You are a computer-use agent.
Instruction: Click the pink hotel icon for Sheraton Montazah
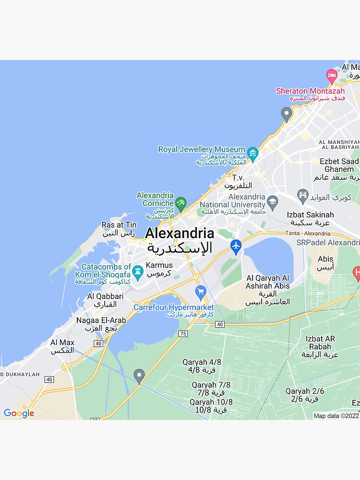click(x=332, y=76)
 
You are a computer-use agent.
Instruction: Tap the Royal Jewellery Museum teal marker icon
click(x=253, y=154)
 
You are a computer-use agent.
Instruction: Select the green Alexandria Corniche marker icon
click(x=180, y=204)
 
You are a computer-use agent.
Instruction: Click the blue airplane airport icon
click(x=236, y=247)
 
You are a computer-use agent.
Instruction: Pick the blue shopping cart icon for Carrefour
click(x=201, y=291)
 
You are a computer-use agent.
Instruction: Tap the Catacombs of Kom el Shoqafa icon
click(x=138, y=272)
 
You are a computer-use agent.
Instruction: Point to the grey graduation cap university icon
click(x=273, y=201)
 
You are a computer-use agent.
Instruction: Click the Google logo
click(x=19, y=413)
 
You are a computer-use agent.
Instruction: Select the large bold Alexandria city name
click(x=180, y=234)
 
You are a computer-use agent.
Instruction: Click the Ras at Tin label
click(x=119, y=225)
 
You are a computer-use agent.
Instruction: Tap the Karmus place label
click(x=159, y=265)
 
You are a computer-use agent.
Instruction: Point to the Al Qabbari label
click(x=105, y=296)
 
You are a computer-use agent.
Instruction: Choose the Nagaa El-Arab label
click(x=101, y=320)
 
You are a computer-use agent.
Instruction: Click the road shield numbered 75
click(x=182, y=333)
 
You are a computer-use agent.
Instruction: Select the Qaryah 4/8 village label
click(x=202, y=362)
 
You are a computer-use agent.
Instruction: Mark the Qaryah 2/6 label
click(x=304, y=391)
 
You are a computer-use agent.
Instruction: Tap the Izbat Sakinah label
click(x=310, y=215)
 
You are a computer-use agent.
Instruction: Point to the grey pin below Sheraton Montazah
click(x=287, y=114)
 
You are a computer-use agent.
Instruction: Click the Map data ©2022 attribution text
click(x=336, y=416)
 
